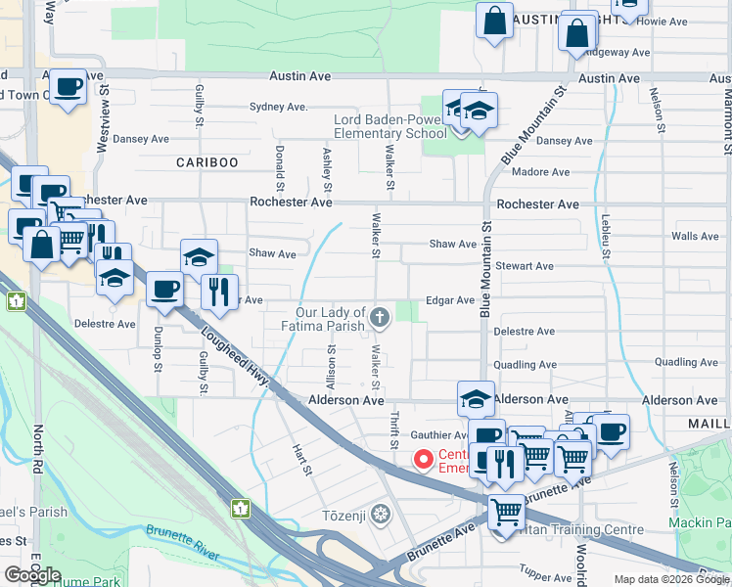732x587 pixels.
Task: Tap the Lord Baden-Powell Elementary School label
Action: pyautogui.click(x=389, y=126)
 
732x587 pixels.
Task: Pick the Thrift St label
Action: pyautogui.click(x=394, y=429)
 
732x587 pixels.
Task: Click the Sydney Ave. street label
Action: pyautogui.click(x=279, y=107)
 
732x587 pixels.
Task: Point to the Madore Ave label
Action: pyautogui.click(x=540, y=172)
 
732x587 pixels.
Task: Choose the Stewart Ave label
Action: pyautogui.click(x=526, y=266)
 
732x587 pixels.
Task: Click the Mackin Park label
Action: pyautogui.click(x=699, y=523)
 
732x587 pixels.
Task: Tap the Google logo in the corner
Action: pyautogui.click(x=33, y=574)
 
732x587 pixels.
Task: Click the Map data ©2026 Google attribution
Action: pyautogui.click(x=671, y=579)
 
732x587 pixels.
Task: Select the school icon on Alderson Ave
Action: pyautogui.click(x=476, y=398)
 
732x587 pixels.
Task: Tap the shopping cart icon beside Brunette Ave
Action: pyautogui.click(x=506, y=511)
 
